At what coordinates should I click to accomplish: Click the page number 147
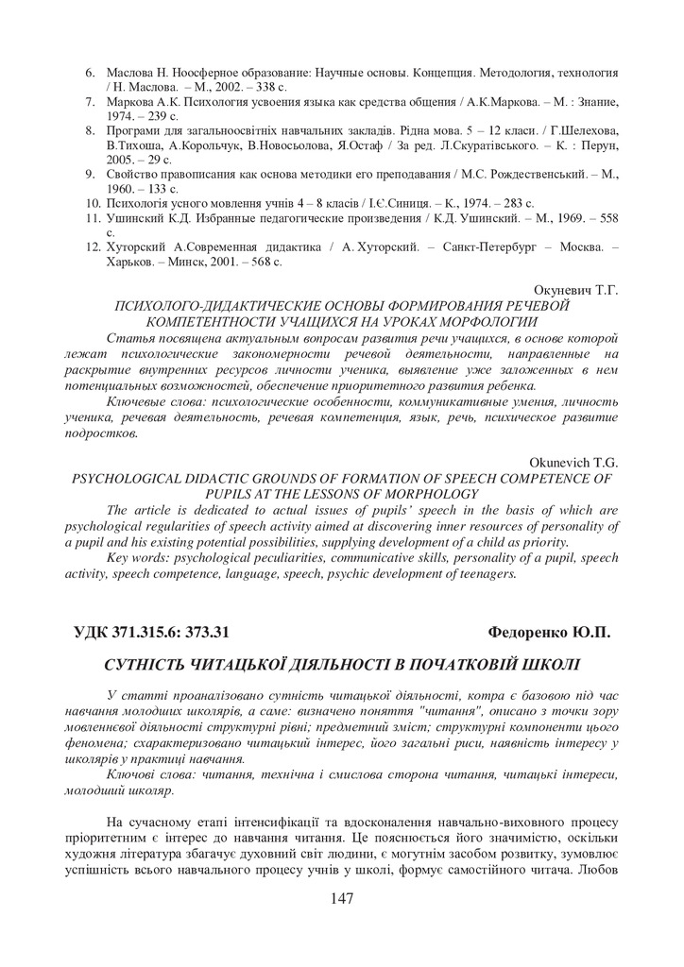click(342, 898)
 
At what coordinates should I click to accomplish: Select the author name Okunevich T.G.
click(570, 462)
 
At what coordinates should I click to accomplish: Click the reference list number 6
click(91, 73)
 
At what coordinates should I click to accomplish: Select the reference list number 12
click(93, 246)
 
